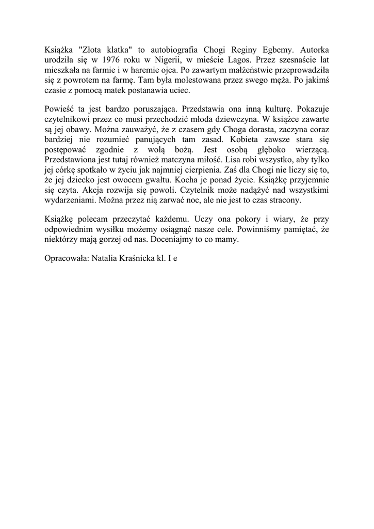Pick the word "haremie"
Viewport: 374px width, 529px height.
137,70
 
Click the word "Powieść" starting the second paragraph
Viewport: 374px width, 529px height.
60,109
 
